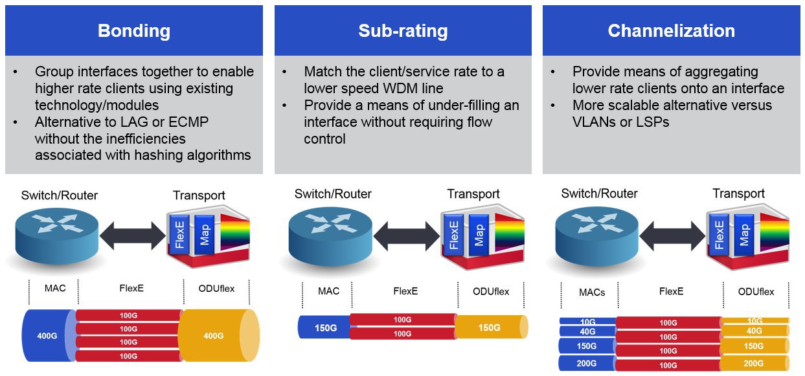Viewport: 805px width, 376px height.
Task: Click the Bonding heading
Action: click(x=134, y=31)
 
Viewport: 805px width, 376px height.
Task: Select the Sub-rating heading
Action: click(x=403, y=31)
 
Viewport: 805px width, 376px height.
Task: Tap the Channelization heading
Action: click(x=672, y=31)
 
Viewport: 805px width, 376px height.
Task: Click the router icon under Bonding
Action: click(x=57, y=236)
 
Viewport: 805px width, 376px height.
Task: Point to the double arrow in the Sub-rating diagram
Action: click(x=407, y=236)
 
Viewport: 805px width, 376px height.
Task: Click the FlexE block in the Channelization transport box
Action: click(x=719, y=235)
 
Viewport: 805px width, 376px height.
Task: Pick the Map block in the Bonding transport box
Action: click(x=205, y=235)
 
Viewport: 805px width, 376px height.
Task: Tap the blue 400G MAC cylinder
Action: click(x=49, y=335)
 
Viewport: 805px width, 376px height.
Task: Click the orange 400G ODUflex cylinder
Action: click(x=218, y=335)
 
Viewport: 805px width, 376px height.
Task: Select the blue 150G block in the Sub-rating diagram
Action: click(x=324, y=327)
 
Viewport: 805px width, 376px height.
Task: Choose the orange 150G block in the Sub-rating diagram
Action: click(x=492, y=327)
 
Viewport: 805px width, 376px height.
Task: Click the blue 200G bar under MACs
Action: click(x=587, y=364)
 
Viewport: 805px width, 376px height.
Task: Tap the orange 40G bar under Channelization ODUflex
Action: click(x=754, y=331)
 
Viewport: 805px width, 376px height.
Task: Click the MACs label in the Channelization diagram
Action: click(x=592, y=293)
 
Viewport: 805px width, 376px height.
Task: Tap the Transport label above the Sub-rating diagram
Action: click(x=473, y=194)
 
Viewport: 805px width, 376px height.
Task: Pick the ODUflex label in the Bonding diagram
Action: click(x=216, y=289)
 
